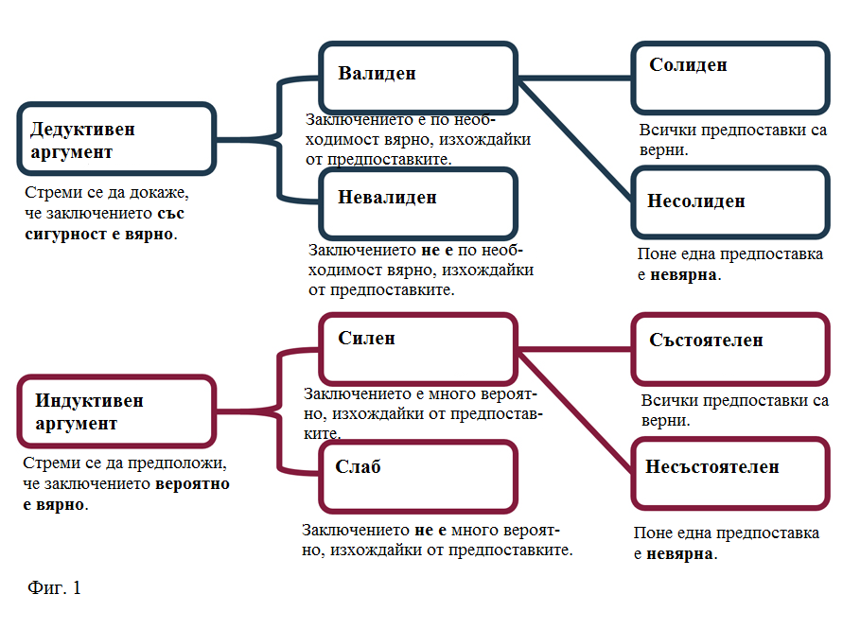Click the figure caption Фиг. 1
[54, 587]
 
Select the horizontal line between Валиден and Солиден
[574, 79]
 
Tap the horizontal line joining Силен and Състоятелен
[574, 350]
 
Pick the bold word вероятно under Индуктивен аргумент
[192, 484]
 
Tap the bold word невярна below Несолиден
[683, 274]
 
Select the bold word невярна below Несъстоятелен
[679, 553]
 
